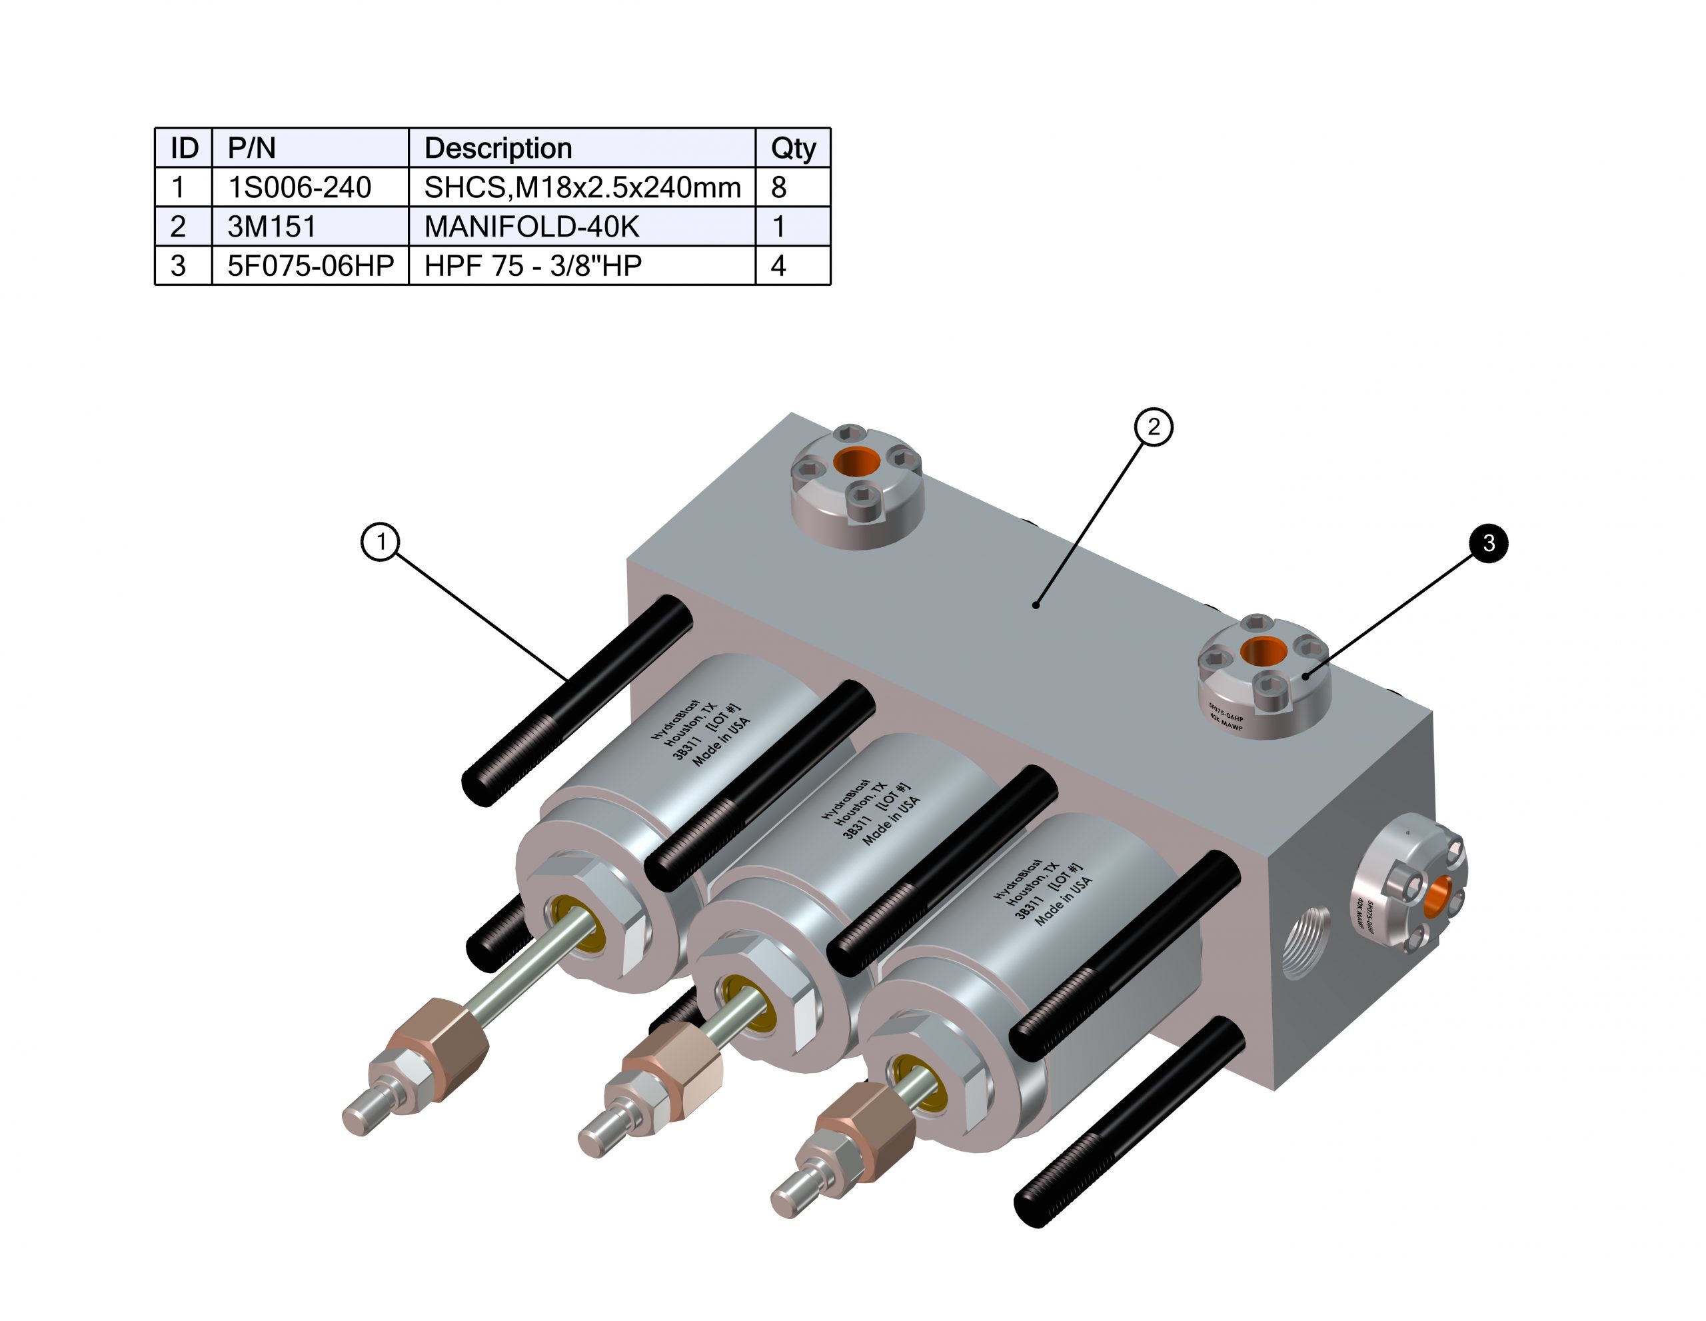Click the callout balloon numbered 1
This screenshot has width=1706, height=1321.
pos(381,541)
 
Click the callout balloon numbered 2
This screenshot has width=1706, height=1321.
pos(1153,427)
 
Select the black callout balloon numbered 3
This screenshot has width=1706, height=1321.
pos(1488,543)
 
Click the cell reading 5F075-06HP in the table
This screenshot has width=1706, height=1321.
pos(309,266)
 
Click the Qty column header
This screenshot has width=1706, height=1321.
pos(792,148)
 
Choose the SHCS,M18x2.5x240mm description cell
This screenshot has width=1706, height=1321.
pos(581,187)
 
